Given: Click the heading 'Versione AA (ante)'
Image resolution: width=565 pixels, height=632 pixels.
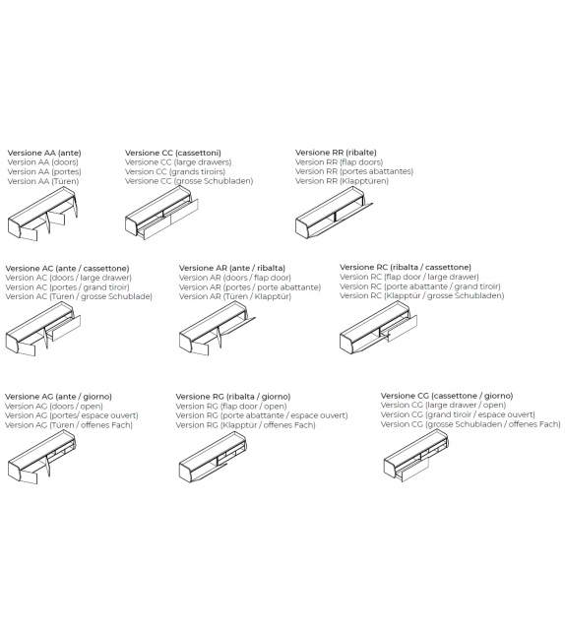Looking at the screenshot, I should tap(44, 153).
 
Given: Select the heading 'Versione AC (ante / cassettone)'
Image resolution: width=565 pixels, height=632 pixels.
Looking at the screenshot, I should tap(67, 268).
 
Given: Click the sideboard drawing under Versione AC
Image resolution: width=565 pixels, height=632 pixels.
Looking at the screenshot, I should tap(44, 330).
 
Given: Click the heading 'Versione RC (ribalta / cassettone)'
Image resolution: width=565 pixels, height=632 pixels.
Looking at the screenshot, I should tap(406, 267).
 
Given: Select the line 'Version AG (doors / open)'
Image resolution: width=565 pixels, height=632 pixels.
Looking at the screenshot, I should tap(53, 406).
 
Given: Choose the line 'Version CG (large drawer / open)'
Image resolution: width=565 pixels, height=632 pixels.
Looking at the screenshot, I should tap(443, 405).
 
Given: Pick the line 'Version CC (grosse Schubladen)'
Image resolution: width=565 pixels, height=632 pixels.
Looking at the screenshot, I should tap(189, 181).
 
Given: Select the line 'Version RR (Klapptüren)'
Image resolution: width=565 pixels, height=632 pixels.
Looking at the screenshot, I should tap(342, 181).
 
